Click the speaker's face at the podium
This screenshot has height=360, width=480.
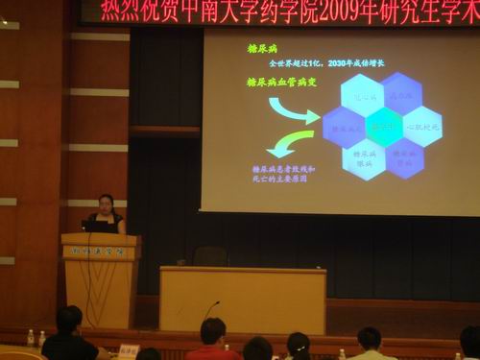(106, 204)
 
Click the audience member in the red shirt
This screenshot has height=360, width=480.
(213, 341)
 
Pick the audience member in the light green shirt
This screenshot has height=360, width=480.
(369, 345)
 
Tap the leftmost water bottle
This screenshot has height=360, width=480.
(31, 338)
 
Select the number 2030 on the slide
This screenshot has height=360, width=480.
(335, 62)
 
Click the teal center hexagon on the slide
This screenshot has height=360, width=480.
(383, 127)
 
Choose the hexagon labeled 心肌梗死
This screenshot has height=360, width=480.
(423, 127)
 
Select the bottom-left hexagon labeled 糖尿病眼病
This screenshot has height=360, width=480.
(364, 158)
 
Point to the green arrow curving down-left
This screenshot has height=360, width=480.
(288, 144)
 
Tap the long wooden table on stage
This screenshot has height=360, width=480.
(242, 299)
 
